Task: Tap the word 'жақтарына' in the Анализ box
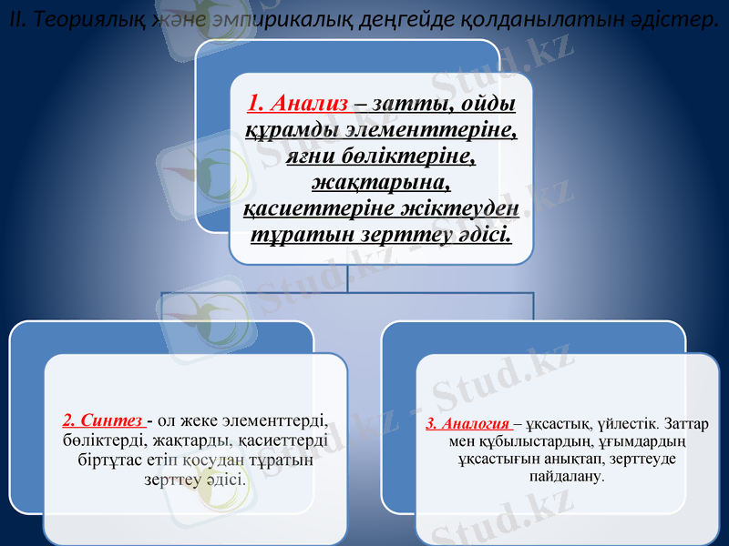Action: pyautogui.click(x=382, y=182)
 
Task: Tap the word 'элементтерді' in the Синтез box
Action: pyautogui.click(x=278, y=420)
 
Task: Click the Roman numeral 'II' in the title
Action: pyautogui.click(x=12, y=19)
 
